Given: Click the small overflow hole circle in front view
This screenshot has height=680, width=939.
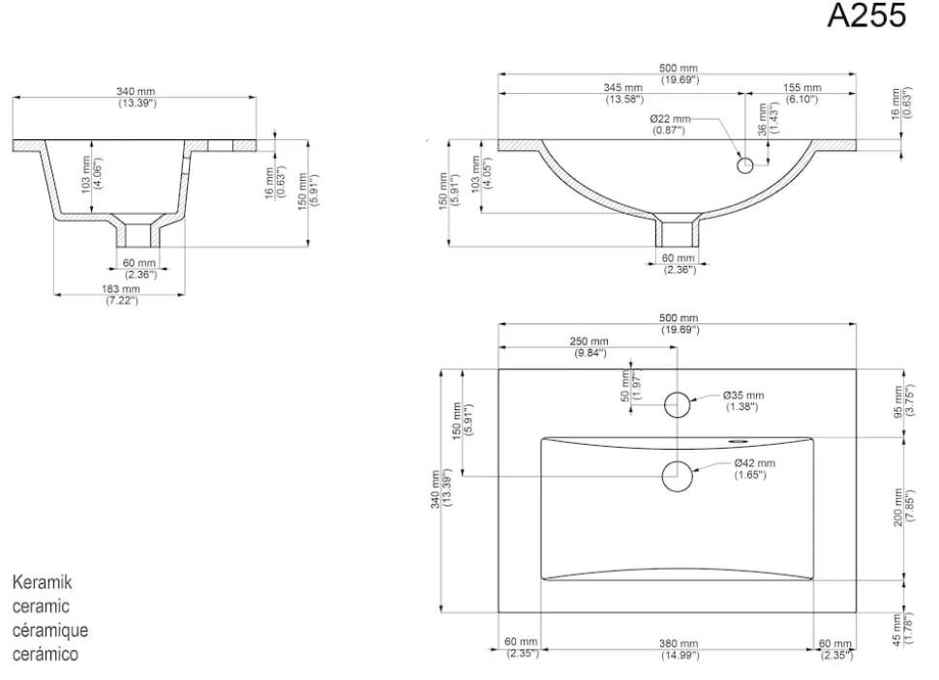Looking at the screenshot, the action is tap(745, 165).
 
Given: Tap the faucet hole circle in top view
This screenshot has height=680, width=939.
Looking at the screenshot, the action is tap(678, 405).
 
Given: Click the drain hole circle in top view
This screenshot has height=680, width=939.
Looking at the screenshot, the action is tap(678, 477).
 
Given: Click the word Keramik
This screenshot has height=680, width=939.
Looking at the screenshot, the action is tap(42, 582).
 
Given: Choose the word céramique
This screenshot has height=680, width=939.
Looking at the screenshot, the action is tap(50, 630).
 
